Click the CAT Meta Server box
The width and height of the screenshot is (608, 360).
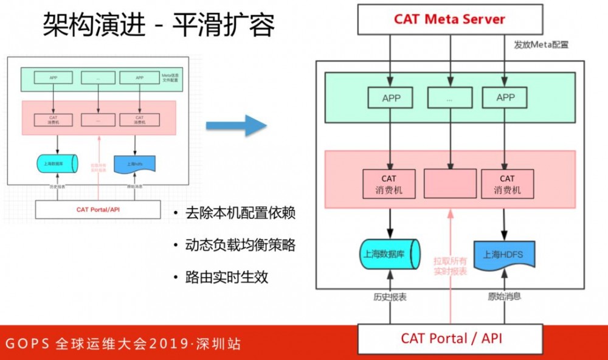(x=449, y=19)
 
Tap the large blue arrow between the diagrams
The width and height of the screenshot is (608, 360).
(x=236, y=126)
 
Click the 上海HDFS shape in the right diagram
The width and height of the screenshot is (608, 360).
(x=504, y=254)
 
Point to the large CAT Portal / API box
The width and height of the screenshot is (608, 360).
(x=449, y=338)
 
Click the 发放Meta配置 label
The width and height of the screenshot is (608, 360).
(x=541, y=45)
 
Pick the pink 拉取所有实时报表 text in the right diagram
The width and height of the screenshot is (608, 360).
(x=451, y=266)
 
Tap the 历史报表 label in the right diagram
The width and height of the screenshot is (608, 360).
(x=390, y=297)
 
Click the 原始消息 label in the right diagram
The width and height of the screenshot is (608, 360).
(x=505, y=297)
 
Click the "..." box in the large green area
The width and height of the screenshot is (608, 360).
(x=449, y=98)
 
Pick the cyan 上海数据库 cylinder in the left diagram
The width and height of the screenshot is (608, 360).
(x=57, y=164)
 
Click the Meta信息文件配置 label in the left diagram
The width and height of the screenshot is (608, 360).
(x=171, y=77)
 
